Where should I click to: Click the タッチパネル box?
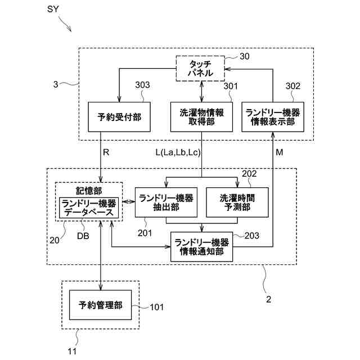(200, 69)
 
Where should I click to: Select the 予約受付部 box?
(119, 117)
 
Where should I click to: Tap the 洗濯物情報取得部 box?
(201, 117)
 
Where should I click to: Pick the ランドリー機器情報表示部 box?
(273, 117)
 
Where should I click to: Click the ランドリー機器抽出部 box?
(166, 202)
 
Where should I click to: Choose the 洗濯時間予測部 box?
(237, 202)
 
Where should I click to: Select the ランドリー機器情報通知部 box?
(201, 246)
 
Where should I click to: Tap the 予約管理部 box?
(100, 305)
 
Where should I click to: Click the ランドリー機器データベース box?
(89, 208)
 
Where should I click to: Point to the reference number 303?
(142, 85)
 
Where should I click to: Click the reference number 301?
(231, 86)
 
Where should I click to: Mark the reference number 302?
(293, 86)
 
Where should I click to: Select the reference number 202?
(249, 174)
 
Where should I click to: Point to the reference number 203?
(252, 236)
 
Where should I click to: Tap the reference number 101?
(157, 307)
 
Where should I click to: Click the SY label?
(53, 9)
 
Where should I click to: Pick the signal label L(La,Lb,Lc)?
(178, 152)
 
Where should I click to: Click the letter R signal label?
(106, 152)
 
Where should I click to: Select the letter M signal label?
(280, 152)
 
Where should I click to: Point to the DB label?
(83, 236)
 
